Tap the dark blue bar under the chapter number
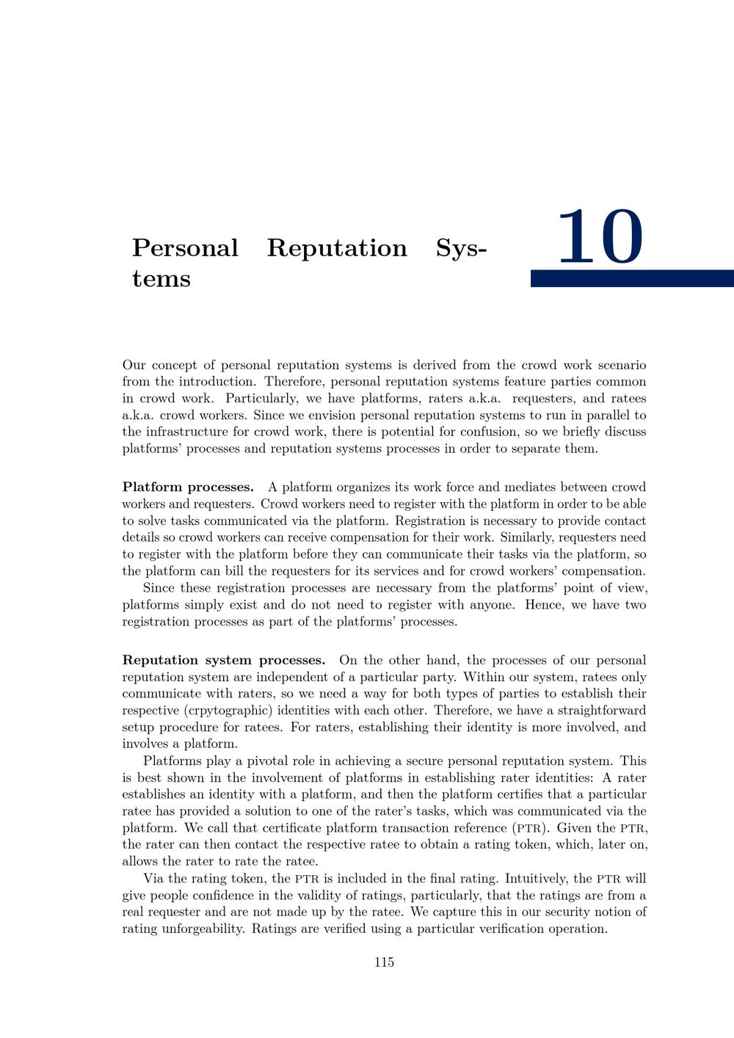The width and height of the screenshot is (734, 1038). click(x=632, y=278)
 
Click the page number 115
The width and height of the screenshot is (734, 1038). click(x=384, y=962)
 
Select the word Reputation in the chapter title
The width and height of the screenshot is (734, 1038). click(x=337, y=248)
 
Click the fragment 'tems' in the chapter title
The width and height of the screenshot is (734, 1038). click(x=161, y=279)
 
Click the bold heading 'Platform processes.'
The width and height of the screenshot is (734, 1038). click(x=188, y=487)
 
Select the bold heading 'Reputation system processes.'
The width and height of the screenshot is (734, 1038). click(x=223, y=661)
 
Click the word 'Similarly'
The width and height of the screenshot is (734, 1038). click(x=527, y=538)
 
